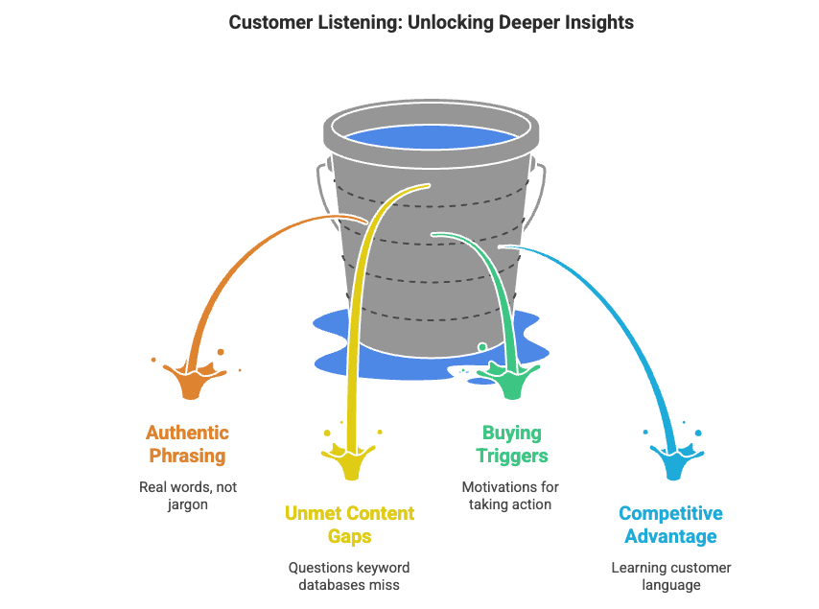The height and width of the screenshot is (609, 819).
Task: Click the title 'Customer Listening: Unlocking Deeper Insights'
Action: pos(431,22)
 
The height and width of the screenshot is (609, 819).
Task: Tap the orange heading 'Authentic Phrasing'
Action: pos(187,444)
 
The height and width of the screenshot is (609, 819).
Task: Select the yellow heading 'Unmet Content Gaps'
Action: pos(350,525)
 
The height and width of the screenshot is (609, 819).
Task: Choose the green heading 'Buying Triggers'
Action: pos(511,444)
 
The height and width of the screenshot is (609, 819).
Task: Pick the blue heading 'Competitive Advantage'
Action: pos(670,525)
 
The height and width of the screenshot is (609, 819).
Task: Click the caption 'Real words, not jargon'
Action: pos(187,496)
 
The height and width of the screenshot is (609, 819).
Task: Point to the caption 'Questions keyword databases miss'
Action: pos(350,576)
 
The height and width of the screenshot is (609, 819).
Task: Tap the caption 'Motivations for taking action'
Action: pos(510,496)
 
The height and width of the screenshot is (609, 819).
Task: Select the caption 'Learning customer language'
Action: pos(670,576)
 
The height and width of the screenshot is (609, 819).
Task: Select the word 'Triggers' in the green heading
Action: pos(511,456)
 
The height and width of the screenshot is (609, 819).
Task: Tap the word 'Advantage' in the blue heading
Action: pos(671,536)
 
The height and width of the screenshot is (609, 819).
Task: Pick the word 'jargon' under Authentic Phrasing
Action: pos(187,504)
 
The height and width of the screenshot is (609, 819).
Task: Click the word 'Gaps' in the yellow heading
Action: pos(350,536)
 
